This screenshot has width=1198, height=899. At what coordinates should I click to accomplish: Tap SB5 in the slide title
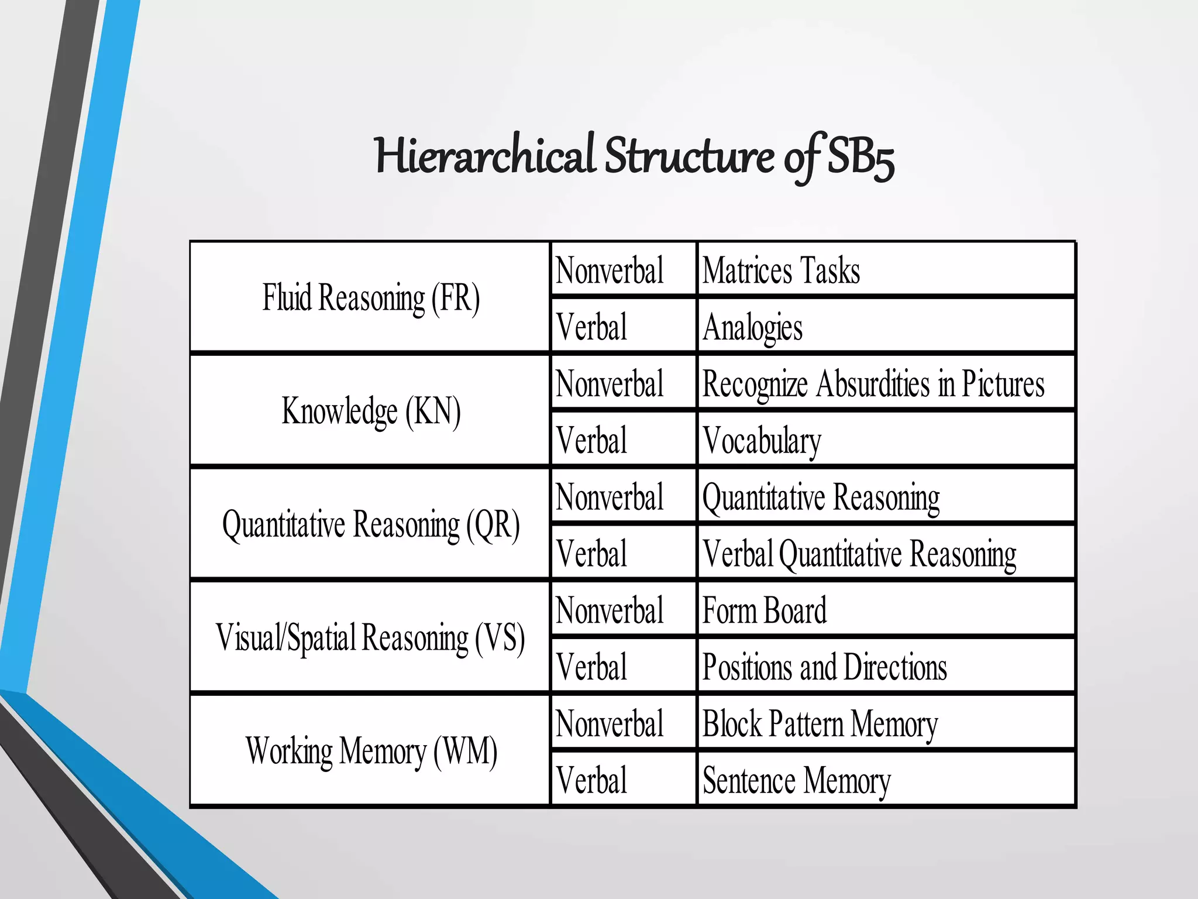click(x=860, y=157)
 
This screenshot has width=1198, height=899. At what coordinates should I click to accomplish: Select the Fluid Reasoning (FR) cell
click(x=371, y=297)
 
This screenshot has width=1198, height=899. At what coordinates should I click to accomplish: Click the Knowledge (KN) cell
click(x=371, y=411)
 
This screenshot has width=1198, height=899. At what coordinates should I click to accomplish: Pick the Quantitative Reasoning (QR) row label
click(x=371, y=524)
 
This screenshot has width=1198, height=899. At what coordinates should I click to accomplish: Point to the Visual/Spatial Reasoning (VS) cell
click(x=371, y=637)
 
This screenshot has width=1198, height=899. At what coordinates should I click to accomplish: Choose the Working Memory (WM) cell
click(x=371, y=751)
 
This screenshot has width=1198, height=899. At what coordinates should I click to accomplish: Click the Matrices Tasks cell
click(x=781, y=270)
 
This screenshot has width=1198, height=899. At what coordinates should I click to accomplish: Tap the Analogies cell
click(x=752, y=327)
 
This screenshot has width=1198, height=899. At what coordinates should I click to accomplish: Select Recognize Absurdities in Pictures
click(x=873, y=384)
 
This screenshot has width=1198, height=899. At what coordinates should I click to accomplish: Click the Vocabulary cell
click(x=762, y=440)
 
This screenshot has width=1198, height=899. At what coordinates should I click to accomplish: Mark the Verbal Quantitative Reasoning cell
click(x=859, y=554)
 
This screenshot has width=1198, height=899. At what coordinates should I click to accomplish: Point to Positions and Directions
click(x=824, y=667)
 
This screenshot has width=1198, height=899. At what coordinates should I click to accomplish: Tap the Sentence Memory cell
click(x=796, y=780)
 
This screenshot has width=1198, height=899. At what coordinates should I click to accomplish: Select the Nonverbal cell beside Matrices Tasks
click(x=610, y=270)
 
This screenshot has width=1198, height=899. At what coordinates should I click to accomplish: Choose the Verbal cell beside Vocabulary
click(x=591, y=440)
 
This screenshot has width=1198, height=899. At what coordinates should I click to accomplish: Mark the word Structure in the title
click(x=689, y=156)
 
